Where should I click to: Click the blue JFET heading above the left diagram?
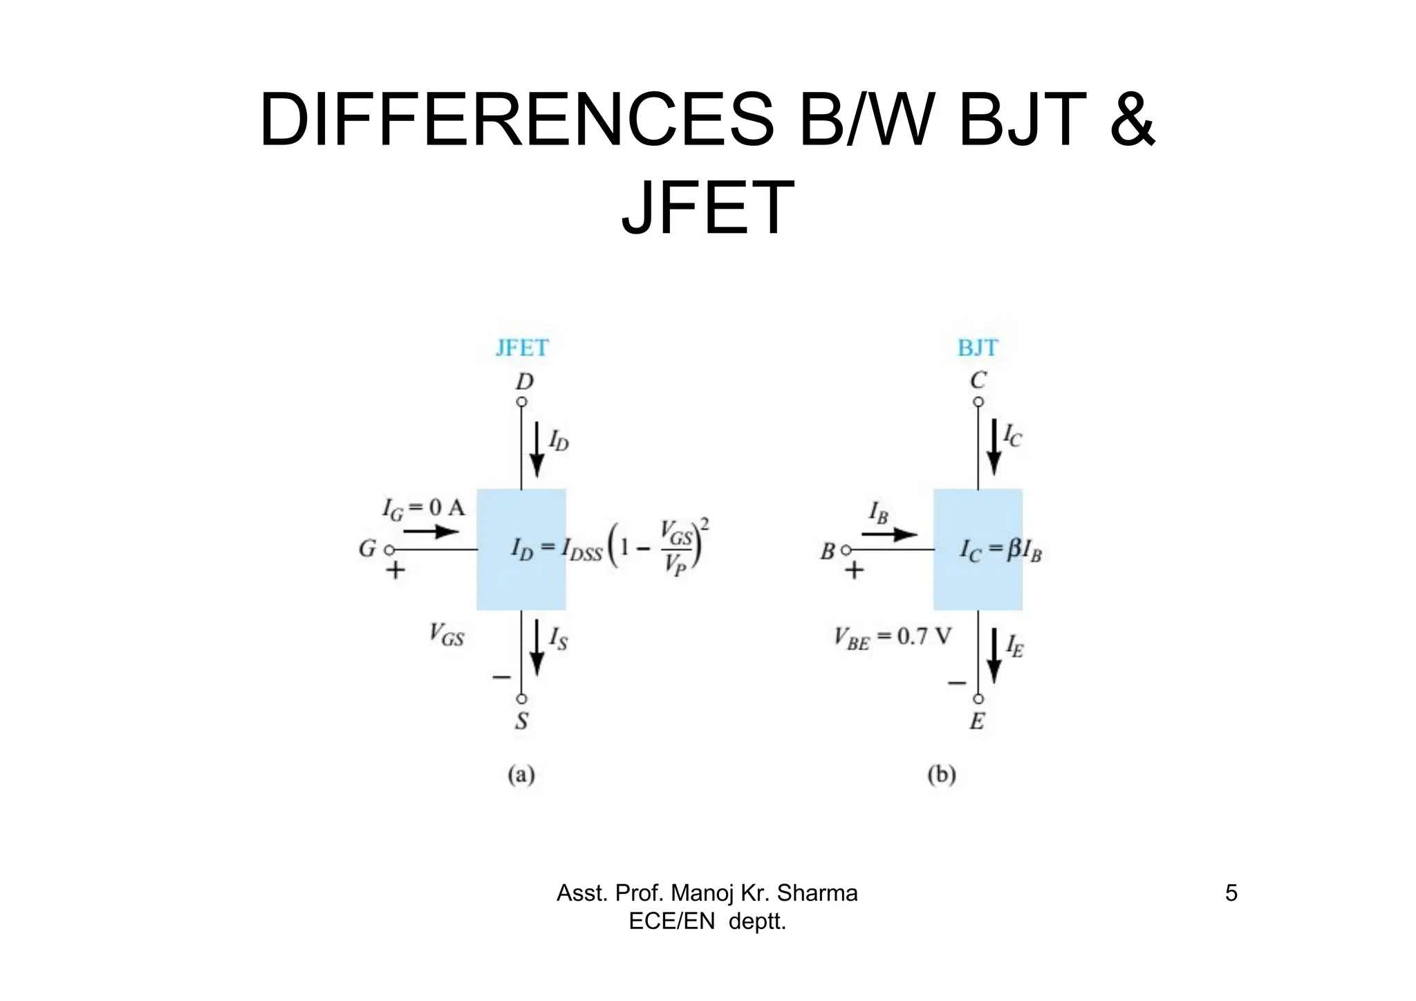522,348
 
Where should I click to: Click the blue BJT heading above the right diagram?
978,348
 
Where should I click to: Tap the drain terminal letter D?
525,382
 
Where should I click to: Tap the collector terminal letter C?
978,380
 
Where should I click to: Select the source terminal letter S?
522,721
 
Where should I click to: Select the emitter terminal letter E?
977,722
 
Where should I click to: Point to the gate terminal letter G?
367,549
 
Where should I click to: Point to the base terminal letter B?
828,552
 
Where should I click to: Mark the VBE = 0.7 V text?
893,638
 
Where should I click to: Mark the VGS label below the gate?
447,634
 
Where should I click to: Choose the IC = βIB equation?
1000,551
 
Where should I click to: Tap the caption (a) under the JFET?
521,774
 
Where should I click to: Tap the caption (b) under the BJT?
941,774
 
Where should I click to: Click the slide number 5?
1231,893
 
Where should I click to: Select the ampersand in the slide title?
1132,120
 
